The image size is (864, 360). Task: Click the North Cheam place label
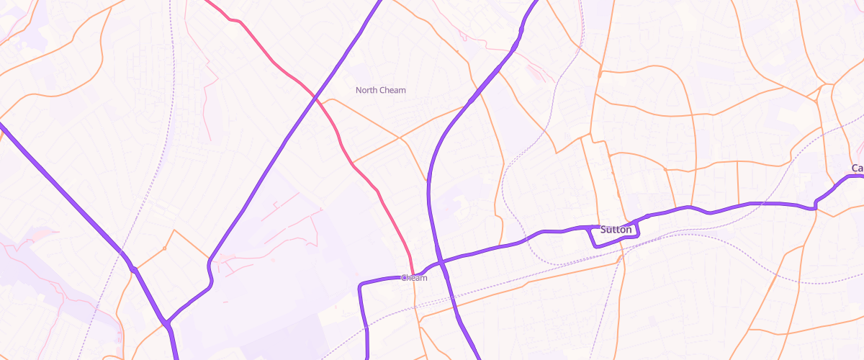[381, 90]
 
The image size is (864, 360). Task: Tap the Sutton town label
[616, 230]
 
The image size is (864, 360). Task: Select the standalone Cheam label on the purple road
[414, 278]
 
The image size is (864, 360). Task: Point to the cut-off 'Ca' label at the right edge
[857, 168]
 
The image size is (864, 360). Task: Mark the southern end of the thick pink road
[411, 272]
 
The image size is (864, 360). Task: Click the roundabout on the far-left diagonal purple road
[134, 269]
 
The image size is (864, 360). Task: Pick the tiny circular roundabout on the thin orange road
[164, 248]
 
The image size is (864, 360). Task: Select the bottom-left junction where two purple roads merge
[168, 325]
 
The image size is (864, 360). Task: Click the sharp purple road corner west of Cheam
[360, 287]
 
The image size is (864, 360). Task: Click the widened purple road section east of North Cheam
[479, 92]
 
